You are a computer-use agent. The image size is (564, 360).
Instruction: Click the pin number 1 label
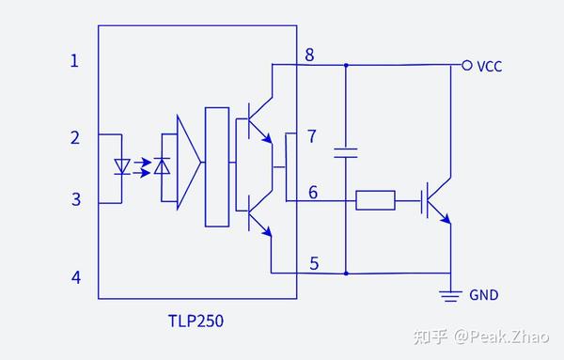click(x=75, y=61)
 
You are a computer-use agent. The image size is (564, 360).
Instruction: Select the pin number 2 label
click(x=75, y=138)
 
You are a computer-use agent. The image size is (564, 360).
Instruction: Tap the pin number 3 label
click(x=75, y=199)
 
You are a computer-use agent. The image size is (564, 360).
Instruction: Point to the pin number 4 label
click(x=75, y=277)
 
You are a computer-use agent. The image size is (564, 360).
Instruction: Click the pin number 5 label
click(x=313, y=263)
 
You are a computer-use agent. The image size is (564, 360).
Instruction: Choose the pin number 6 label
click(x=313, y=192)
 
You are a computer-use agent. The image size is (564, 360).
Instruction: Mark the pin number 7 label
click(x=313, y=137)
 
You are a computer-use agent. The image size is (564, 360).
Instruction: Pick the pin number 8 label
click(x=309, y=55)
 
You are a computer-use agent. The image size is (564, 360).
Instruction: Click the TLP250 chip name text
click(x=191, y=321)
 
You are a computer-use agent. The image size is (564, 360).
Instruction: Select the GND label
click(x=484, y=295)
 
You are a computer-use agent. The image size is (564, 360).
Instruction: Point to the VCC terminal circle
click(x=465, y=65)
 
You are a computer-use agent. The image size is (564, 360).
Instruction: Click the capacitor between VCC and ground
click(x=346, y=152)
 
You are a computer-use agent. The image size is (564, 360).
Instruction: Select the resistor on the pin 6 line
click(x=375, y=199)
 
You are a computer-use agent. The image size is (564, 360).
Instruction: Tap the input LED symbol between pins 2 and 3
click(x=122, y=167)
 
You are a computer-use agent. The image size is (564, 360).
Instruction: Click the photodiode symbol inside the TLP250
click(x=162, y=167)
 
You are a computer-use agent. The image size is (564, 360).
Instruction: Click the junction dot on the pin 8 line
click(x=346, y=65)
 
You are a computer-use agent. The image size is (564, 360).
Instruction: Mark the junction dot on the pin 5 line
click(x=346, y=274)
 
